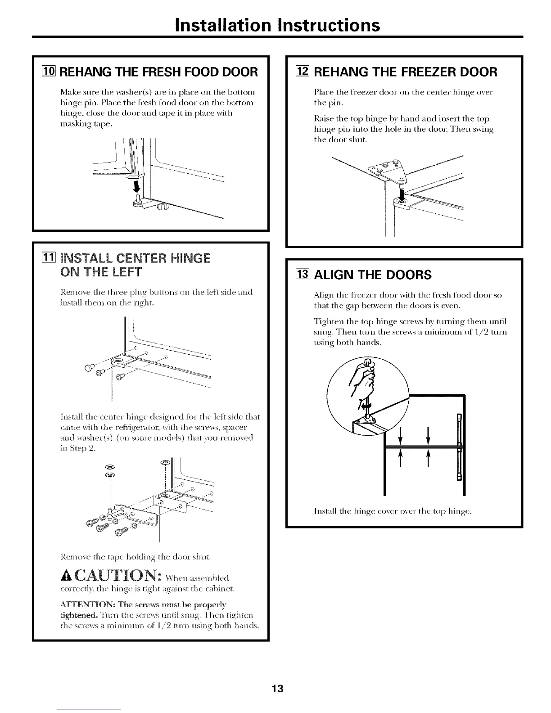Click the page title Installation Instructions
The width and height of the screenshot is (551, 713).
pos(277,25)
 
